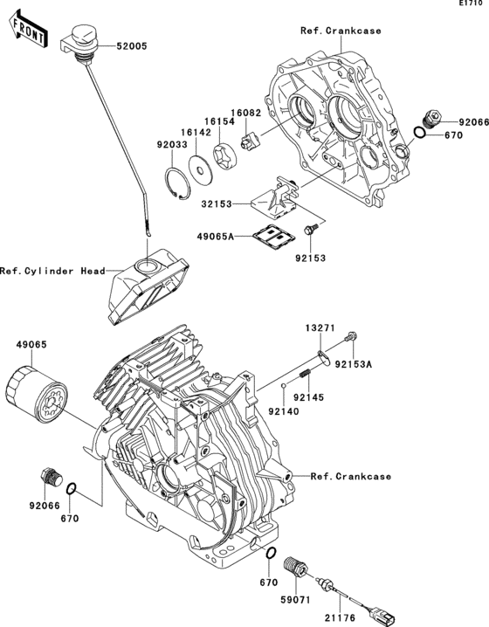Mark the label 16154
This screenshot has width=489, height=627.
(219, 123)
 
